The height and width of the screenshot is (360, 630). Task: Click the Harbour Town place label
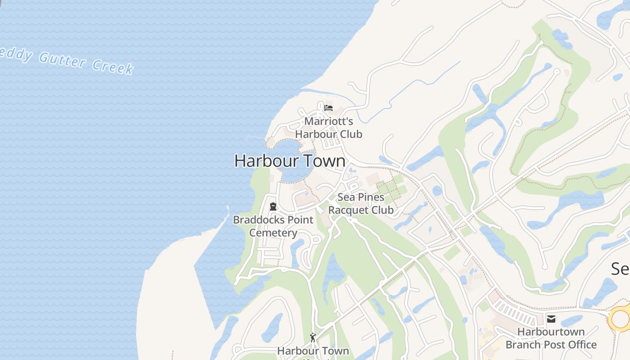coord(290,161)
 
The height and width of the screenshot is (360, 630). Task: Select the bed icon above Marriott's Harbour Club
coord(328,108)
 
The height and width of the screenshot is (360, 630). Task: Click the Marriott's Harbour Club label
coord(328,128)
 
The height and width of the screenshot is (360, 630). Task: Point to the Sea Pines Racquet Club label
coord(361,203)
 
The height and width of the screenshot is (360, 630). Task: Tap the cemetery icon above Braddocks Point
coord(273,207)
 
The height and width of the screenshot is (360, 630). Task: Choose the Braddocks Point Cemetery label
coord(273,226)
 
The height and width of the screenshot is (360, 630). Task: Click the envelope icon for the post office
coord(551,319)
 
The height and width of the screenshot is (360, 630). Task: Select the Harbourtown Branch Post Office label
coord(551,338)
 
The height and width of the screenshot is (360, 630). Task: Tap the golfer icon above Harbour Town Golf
coord(313,337)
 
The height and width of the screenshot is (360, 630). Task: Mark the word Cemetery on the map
coord(273,233)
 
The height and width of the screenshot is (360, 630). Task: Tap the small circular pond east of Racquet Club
coord(437,190)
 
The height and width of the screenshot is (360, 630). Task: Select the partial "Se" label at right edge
coord(620,269)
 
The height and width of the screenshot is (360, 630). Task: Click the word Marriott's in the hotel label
coord(328,121)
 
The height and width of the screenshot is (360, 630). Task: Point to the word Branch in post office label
coord(525,345)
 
